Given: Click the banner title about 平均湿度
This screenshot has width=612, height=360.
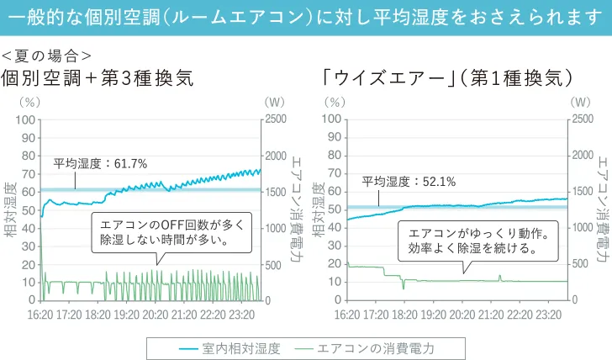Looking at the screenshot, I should pos(306,17).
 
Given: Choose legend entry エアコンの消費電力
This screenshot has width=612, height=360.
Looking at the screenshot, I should pos(377,347).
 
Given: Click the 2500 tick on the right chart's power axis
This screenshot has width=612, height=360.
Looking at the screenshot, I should pos(583,119).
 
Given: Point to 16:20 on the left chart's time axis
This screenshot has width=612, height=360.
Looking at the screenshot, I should pos(41,315).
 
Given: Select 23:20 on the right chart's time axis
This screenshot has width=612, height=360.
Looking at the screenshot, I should pos(547,315).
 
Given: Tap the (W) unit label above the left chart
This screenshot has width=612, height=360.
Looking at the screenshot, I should pos(275,102).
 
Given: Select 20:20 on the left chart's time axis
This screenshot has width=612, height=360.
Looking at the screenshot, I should pos(155,315).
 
